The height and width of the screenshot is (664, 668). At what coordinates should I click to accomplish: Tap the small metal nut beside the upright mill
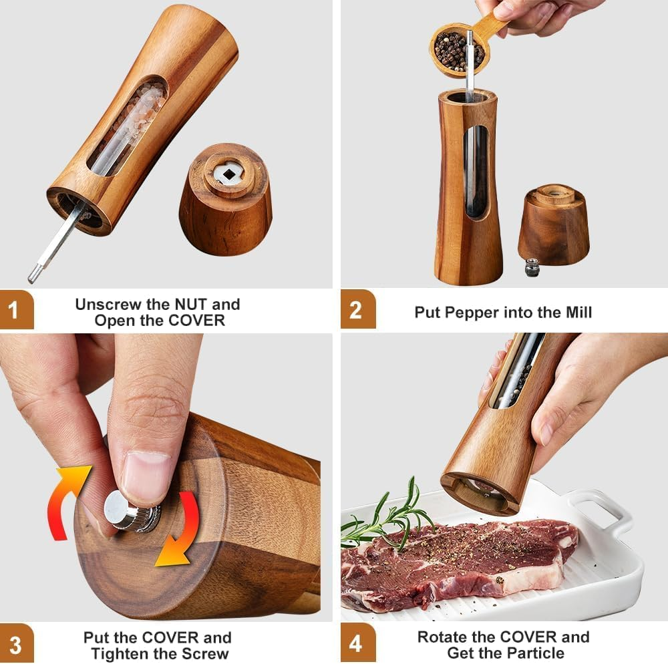[532, 267]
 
